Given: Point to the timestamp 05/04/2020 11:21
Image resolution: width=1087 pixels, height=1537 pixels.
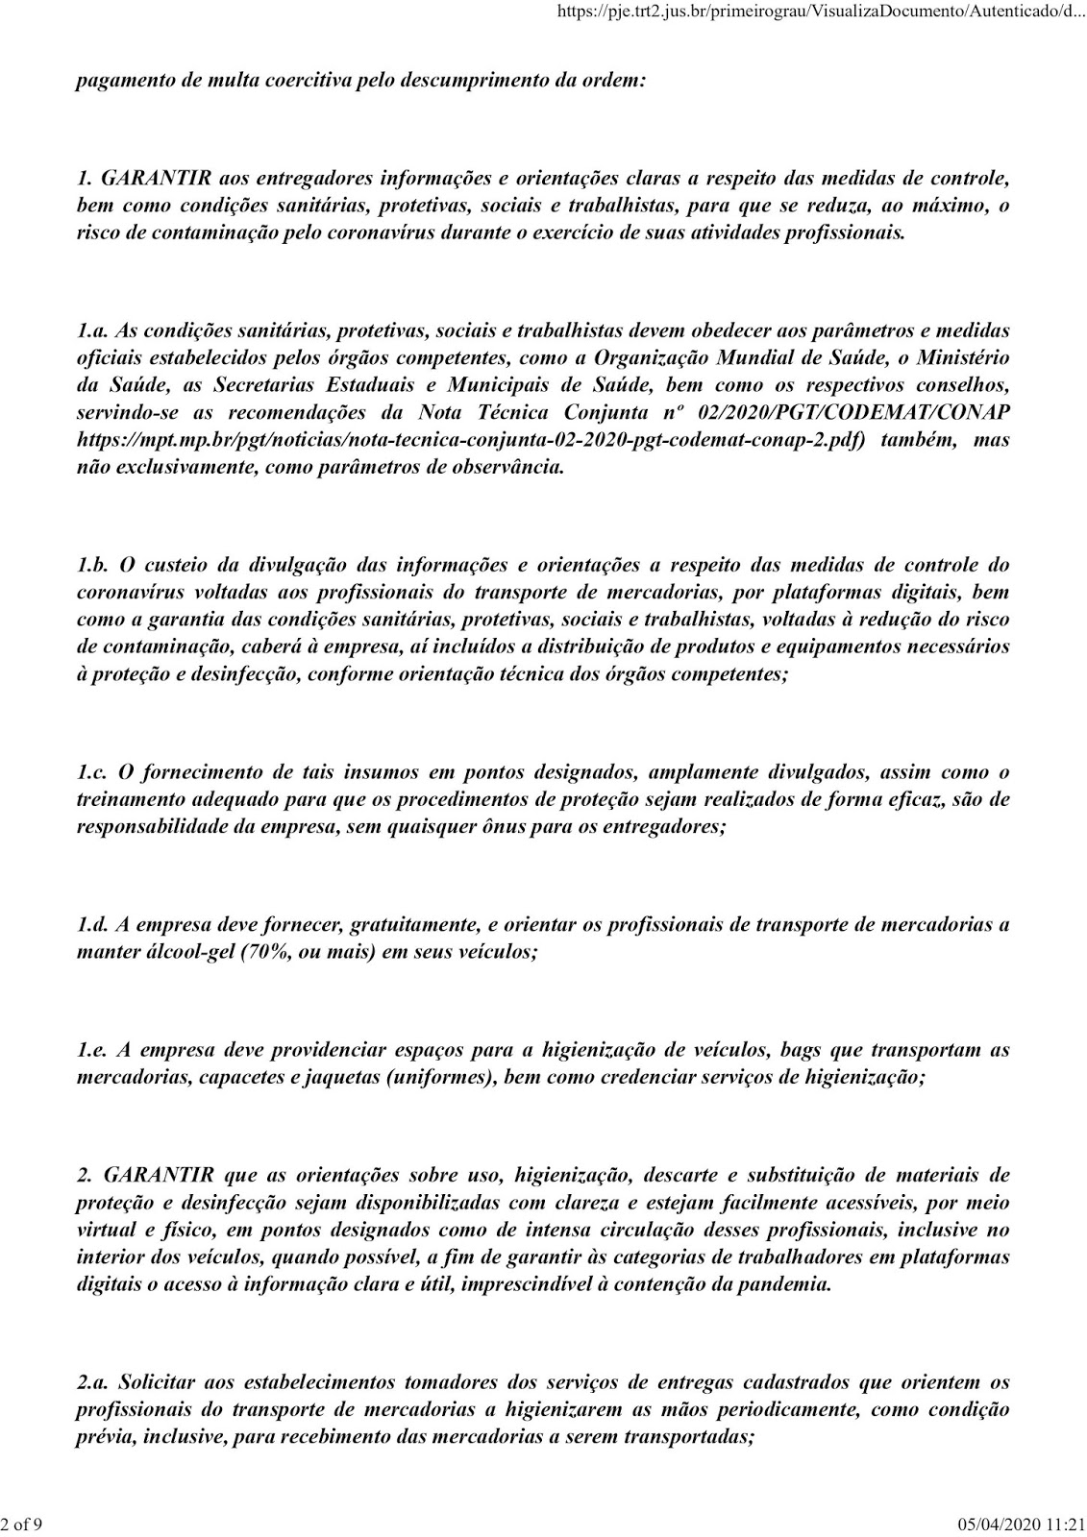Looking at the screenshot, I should [1023, 1525].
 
